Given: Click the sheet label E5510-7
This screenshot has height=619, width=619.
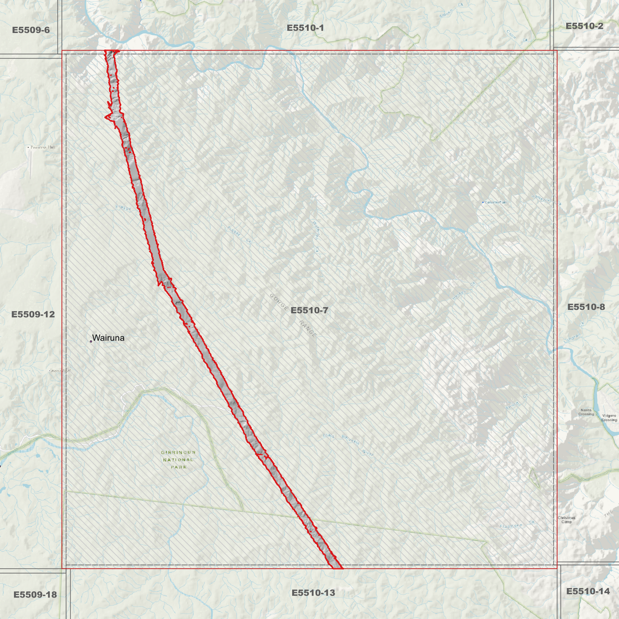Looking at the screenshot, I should (x=309, y=310).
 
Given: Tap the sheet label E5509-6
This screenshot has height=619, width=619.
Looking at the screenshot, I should (x=31, y=30).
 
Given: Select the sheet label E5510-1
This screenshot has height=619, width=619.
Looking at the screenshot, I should (x=305, y=28).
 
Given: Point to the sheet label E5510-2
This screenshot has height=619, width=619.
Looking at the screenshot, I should (x=584, y=26).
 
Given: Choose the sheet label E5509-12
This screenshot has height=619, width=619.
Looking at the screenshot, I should (x=33, y=314).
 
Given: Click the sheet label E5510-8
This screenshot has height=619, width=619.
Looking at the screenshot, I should (x=586, y=307).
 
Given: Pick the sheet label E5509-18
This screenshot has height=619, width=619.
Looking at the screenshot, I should (x=35, y=595).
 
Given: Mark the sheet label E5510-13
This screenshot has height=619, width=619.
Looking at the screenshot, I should (x=313, y=593).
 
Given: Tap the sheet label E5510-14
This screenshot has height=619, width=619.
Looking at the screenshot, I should (x=588, y=592).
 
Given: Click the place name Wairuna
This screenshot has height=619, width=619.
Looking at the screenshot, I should (x=108, y=338).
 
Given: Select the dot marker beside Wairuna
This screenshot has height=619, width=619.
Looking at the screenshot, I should (x=91, y=341).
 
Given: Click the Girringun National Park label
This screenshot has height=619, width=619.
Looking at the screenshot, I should (x=179, y=460).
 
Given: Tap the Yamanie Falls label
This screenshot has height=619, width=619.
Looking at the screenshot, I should (x=495, y=202).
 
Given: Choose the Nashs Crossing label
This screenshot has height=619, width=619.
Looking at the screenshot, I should (x=586, y=412).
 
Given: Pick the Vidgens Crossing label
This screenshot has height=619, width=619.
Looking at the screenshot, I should (x=609, y=418).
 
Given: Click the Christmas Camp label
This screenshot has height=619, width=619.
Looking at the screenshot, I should (x=566, y=520).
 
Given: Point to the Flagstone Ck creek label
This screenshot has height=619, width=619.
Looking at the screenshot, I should (x=517, y=525).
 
